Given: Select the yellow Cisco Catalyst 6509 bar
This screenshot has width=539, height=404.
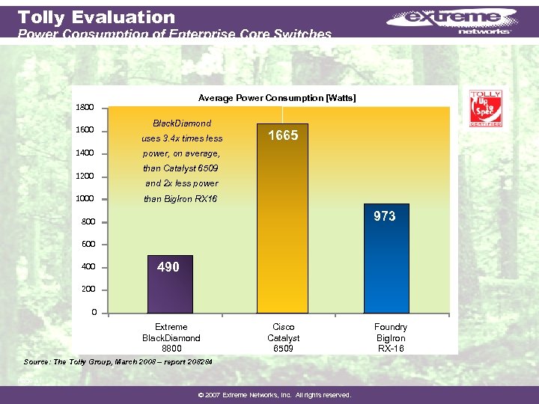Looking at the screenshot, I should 282,224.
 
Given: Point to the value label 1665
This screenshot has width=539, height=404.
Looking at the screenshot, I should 282,135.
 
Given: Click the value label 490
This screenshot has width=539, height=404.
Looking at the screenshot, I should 168,267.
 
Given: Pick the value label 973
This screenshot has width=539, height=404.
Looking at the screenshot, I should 385,216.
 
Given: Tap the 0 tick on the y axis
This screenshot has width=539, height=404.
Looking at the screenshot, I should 93,312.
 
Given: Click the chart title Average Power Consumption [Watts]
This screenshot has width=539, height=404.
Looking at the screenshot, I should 277,98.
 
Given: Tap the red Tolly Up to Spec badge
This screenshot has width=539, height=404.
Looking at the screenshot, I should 484,109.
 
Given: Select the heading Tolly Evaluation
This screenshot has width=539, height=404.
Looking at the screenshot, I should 96,16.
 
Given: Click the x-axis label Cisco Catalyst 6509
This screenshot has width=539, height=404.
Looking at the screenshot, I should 283,337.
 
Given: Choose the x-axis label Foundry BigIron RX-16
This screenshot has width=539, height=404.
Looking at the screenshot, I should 391,337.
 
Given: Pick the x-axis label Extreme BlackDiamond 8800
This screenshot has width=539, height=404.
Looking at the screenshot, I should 171,337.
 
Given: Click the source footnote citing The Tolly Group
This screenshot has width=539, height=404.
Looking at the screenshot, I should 118,362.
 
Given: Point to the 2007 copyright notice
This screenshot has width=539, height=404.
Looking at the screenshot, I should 269,395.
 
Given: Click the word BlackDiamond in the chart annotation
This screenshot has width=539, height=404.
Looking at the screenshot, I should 182,123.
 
